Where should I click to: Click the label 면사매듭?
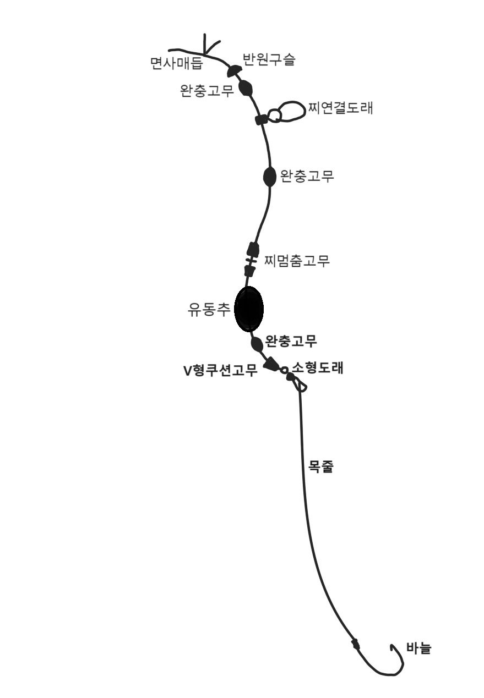coord(176,64)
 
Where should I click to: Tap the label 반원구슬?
coord(269,59)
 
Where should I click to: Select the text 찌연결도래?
coord(340,108)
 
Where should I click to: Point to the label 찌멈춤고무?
coord(297,261)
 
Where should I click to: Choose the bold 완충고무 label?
coord(291,342)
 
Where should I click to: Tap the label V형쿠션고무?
coord(220,371)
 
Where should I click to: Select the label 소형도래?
coord(318,368)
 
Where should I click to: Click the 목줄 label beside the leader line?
coord(320,468)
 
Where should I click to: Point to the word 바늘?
coord(418,648)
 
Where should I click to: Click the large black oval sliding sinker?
coord(249,309)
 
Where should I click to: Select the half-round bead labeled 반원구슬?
coord(233,70)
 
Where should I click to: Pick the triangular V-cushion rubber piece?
coord(271,364)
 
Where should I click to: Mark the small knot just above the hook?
coord(356,644)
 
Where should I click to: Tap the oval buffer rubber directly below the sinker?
coord(257,344)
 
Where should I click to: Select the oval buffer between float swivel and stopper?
coord(269,177)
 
